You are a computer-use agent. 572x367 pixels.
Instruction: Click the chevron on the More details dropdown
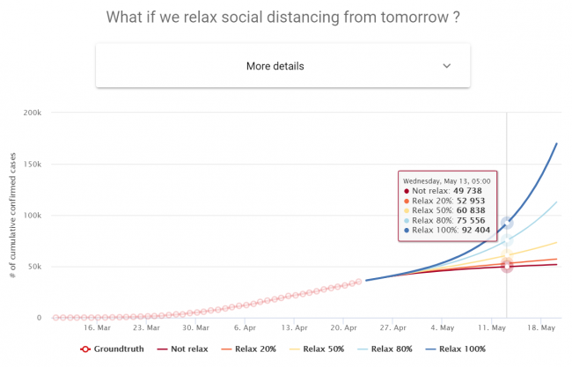coord(446,66)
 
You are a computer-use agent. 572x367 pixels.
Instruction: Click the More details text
coord(275,66)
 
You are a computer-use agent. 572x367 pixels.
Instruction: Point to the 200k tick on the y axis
coord(33,114)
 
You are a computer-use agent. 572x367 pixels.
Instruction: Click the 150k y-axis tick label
coord(33,165)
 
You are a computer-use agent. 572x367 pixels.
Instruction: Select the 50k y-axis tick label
coord(36,267)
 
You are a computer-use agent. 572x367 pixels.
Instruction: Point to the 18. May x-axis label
coord(542,327)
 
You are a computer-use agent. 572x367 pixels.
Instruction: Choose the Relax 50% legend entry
coord(319,349)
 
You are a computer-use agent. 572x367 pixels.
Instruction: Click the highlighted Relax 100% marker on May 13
coord(507,224)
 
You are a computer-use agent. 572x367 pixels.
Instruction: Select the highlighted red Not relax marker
coord(507,266)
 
